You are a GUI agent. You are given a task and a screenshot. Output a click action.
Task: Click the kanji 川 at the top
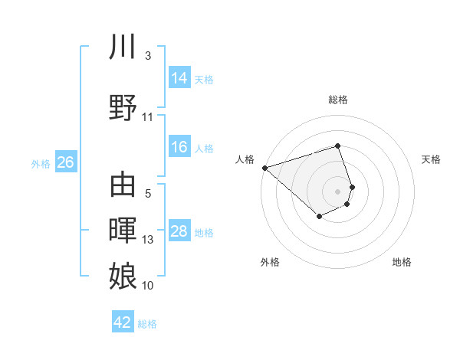point(123,47)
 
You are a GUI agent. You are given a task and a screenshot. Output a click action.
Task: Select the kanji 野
point(123,107)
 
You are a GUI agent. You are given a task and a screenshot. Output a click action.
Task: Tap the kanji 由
point(123,185)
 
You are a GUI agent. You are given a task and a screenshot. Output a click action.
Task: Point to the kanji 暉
point(123,230)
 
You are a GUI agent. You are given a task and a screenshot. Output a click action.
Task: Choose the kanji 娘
point(123,275)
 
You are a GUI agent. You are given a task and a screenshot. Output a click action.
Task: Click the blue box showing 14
point(179,78)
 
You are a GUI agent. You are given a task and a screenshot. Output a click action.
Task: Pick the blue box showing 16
point(179,147)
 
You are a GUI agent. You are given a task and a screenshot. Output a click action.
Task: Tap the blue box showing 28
point(179,231)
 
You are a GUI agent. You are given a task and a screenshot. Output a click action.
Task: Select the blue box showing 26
point(65,162)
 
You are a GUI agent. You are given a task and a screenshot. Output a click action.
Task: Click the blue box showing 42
point(123,322)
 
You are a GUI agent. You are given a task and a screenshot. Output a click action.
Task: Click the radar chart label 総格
point(338,100)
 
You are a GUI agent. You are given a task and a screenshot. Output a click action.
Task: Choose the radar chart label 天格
point(431,159)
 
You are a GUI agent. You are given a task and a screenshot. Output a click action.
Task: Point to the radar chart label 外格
point(270,262)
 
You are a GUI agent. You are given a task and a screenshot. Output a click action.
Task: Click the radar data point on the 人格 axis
point(264,167)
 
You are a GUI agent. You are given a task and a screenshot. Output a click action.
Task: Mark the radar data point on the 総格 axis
point(338,146)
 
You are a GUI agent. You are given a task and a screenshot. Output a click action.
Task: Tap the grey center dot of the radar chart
point(338,191)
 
